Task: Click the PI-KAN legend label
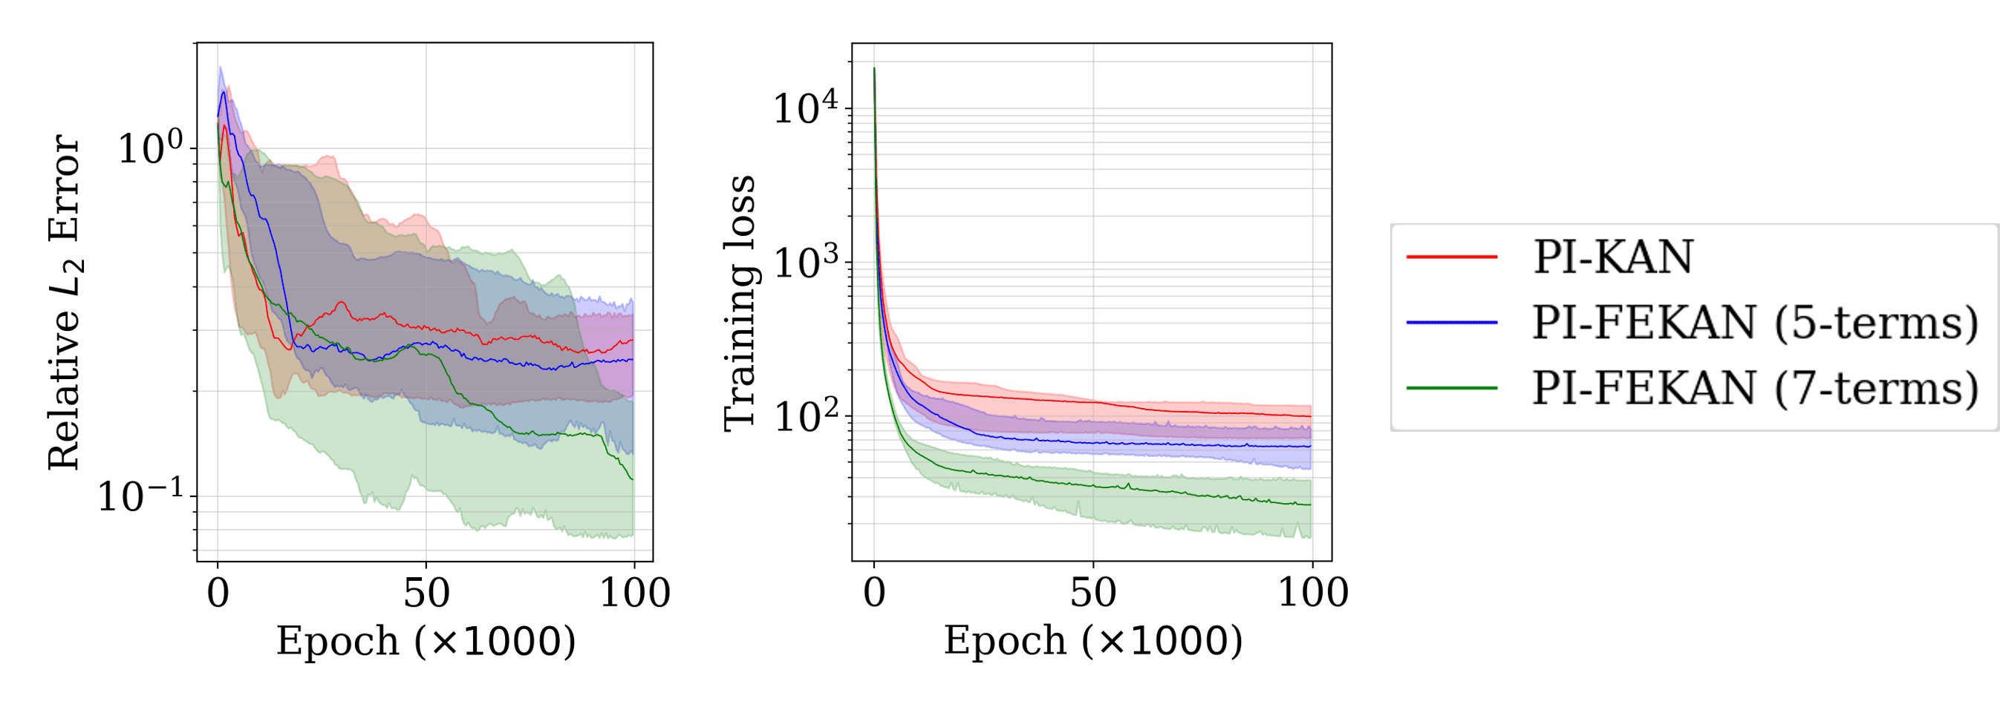coord(1612,257)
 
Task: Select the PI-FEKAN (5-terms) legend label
coord(1755,322)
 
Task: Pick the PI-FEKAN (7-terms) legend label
coord(1755,387)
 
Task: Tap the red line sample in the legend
coord(1452,257)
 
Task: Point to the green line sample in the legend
coord(1452,387)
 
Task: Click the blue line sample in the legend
coord(1452,322)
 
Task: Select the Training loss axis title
coord(740,303)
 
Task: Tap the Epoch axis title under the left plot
coord(426,642)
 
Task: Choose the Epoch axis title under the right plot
coord(1092,642)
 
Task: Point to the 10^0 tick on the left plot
coord(151,148)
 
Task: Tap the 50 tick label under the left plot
coord(426,594)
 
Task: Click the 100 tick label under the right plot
coord(1313,594)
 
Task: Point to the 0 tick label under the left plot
coord(218,594)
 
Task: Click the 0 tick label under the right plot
coord(874,594)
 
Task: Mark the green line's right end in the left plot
coord(633,479)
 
